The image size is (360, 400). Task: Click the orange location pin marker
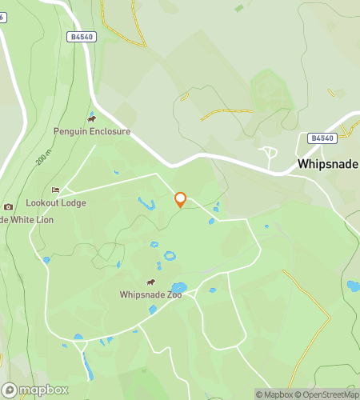[180, 199]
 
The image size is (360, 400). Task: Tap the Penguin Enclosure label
[92, 131]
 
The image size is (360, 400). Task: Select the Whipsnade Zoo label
[151, 294]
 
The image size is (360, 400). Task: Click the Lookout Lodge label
[56, 203]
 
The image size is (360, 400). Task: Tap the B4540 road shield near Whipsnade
[322, 138]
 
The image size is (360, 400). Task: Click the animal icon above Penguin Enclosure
[92, 119]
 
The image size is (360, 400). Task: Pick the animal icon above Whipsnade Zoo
[151, 282]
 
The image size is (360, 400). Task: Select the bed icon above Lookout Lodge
[55, 190]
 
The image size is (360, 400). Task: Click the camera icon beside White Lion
[8, 207]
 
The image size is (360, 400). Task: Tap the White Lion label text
[30, 219]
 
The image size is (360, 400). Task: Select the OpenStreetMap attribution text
[328, 394]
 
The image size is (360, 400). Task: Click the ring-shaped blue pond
[170, 257]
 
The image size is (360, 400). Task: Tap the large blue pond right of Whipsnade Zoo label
[178, 287]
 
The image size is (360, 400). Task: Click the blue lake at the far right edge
[353, 286]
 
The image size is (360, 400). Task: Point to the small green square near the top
[239, 8]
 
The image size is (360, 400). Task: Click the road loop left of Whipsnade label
[269, 152]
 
